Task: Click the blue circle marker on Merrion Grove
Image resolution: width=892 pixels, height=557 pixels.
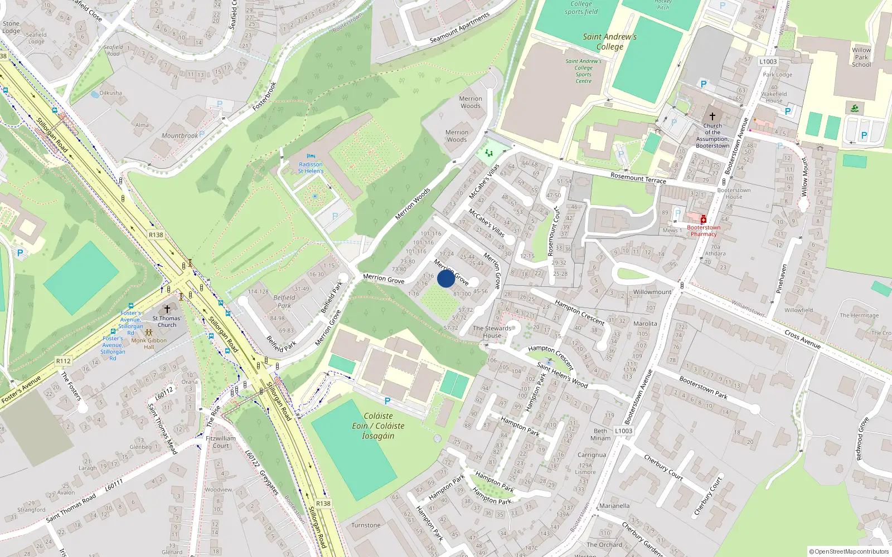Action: [446, 278]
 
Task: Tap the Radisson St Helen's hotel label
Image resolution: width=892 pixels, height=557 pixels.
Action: [311, 168]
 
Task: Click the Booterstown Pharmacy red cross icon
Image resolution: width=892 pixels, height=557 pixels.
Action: [704, 219]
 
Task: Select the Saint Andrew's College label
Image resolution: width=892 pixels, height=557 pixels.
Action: [610, 42]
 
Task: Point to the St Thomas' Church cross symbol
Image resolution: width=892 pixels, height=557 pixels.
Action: [167, 309]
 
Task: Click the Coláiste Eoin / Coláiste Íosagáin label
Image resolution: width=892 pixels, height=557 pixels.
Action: [378, 426]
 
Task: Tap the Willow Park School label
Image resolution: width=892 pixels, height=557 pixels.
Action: [861, 57]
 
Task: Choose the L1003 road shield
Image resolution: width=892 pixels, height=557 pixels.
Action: [768, 62]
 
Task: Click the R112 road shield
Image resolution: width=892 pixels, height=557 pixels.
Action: [64, 361]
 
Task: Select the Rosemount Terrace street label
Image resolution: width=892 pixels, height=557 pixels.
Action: [638, 178]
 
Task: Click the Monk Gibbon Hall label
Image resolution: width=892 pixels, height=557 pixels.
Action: [149, 344]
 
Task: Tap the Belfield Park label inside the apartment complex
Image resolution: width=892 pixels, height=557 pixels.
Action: [284, 301]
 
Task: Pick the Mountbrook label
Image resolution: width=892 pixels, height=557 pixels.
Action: [180, 136]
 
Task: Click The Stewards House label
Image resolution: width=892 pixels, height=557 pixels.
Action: [492, 332]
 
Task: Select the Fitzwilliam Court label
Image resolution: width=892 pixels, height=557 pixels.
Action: [221, 442]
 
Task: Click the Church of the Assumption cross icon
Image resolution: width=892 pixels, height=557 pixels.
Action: [712, 116]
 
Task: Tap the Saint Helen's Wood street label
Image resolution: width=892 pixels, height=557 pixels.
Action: [562, 375]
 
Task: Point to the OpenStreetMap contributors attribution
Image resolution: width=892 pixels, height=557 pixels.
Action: [849, 552]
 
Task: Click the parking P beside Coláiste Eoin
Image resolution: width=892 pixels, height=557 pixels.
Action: [387, 401]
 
